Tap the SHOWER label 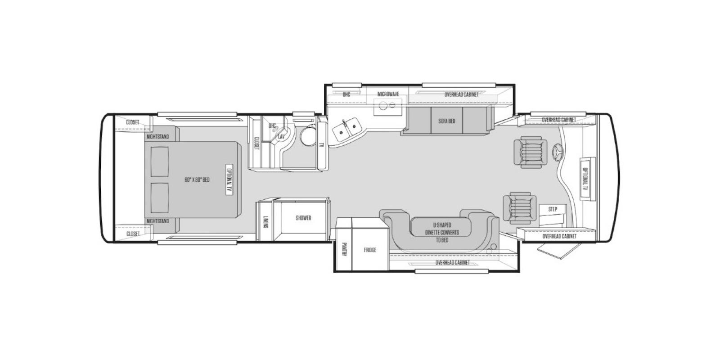coord(303,218)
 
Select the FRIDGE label coord(370,250)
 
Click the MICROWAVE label coord(388,94)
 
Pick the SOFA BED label coord(447,121)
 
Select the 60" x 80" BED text coord(197,180)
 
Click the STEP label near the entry coord(553,209)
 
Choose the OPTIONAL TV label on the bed coord(228,179)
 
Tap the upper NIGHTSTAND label coord(157,136)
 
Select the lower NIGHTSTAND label coord(157,221)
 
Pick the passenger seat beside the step coord(520,207)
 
